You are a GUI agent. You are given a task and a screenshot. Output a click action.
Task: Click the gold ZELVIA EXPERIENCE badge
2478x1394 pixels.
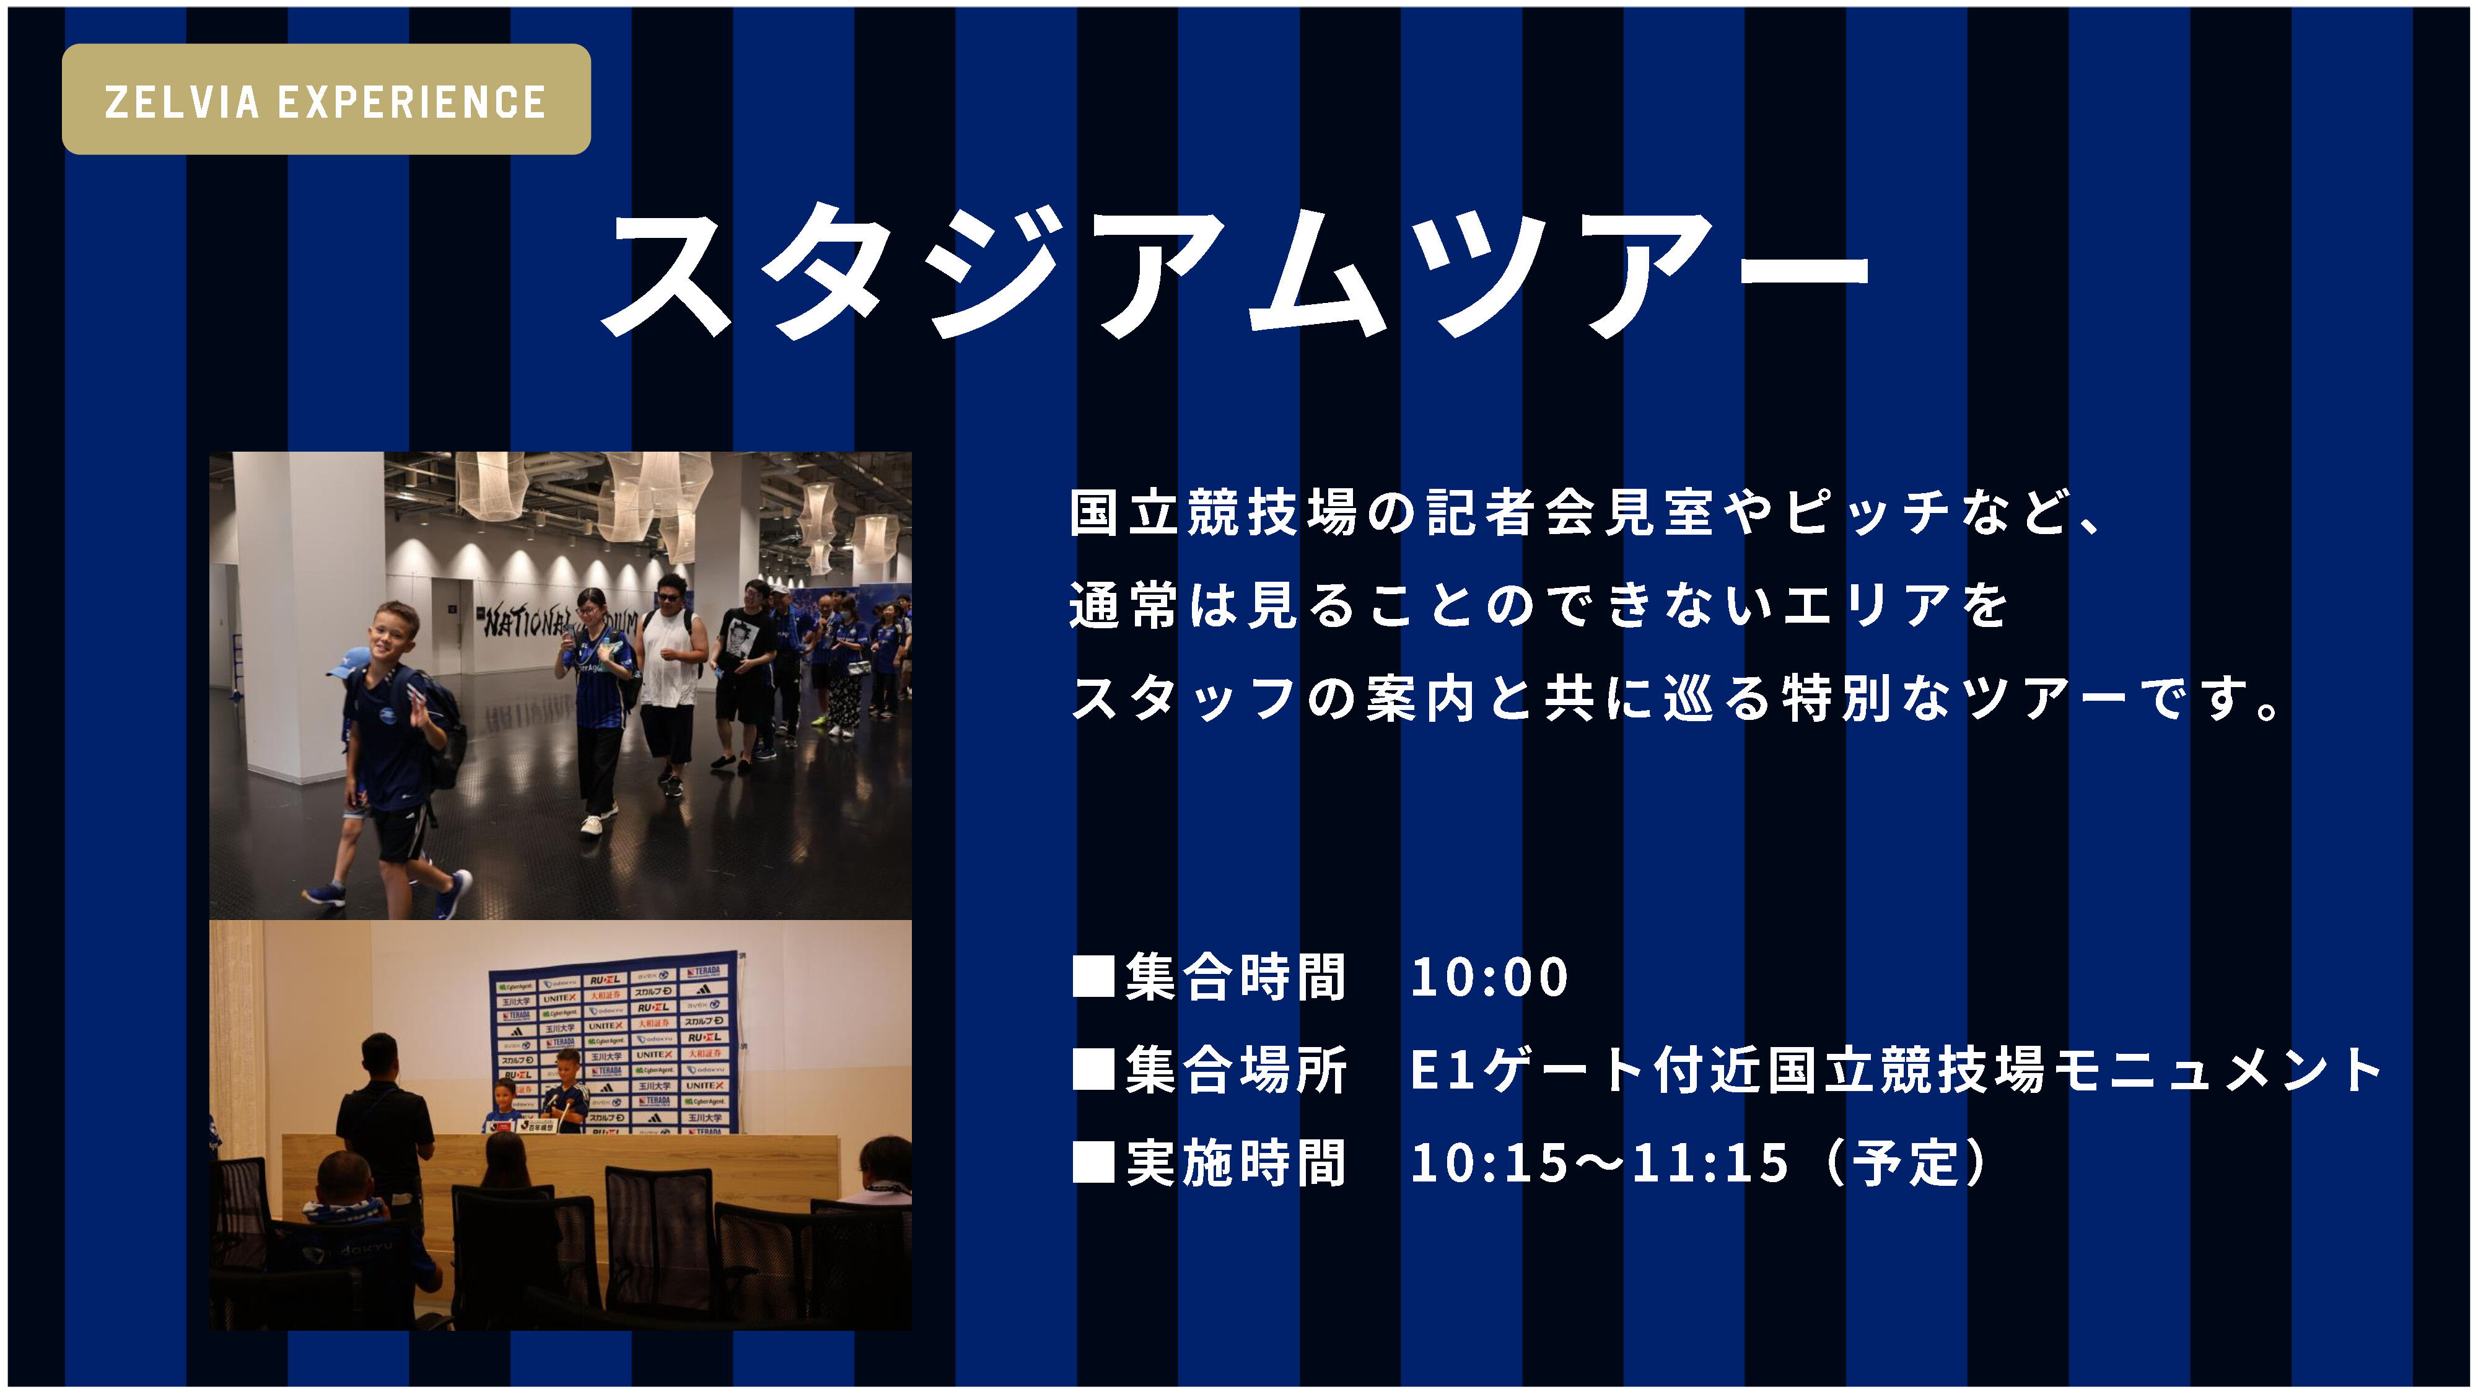[x=326, y=99]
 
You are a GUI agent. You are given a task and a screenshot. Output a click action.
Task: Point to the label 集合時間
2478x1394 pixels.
[x=1236, y=978]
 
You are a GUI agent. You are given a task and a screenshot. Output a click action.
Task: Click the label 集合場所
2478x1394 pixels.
[x=1236, y=1070]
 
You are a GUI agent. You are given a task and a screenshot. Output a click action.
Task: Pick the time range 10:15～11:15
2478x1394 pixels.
[x=1599, y=1162]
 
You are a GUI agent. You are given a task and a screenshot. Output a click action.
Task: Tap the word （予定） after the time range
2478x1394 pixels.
[x=1905, y=1162]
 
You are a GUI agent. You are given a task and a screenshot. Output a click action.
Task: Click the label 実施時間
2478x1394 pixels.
[x=1236, y=1162]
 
